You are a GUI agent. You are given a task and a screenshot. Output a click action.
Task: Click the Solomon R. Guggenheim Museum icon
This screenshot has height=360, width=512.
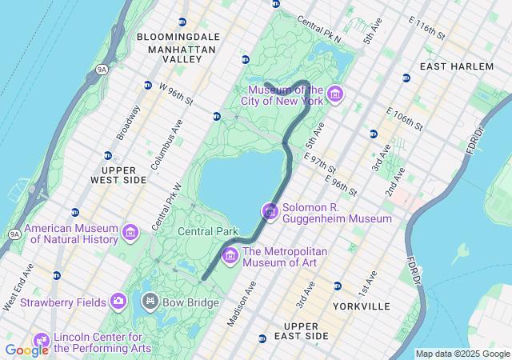click(270, 211)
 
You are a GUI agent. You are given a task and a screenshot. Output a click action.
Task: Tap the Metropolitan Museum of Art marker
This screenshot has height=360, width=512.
click(230, 255)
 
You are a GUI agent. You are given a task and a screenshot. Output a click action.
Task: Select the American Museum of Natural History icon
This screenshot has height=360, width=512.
click(130, 233)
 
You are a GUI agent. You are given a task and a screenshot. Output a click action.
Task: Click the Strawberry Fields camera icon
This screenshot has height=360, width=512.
click(119, 301)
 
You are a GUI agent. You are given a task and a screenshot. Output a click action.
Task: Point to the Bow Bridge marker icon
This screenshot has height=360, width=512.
click(150, 301)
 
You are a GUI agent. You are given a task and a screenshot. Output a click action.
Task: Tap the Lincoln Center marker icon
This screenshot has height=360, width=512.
click(40, 341)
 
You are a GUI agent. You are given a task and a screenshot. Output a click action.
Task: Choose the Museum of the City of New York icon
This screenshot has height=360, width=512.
click(335, 96)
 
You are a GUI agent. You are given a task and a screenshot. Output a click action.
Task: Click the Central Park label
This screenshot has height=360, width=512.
click(207, 231)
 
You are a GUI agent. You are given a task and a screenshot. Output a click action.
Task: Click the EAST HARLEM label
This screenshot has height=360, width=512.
click(456, 66)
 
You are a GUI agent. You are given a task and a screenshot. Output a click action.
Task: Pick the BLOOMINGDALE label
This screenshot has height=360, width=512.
click(178, 37)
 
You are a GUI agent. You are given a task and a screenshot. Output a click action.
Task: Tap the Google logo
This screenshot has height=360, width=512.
click(26, 350)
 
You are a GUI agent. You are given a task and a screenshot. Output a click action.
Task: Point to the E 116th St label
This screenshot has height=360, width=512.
click(426, 30)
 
